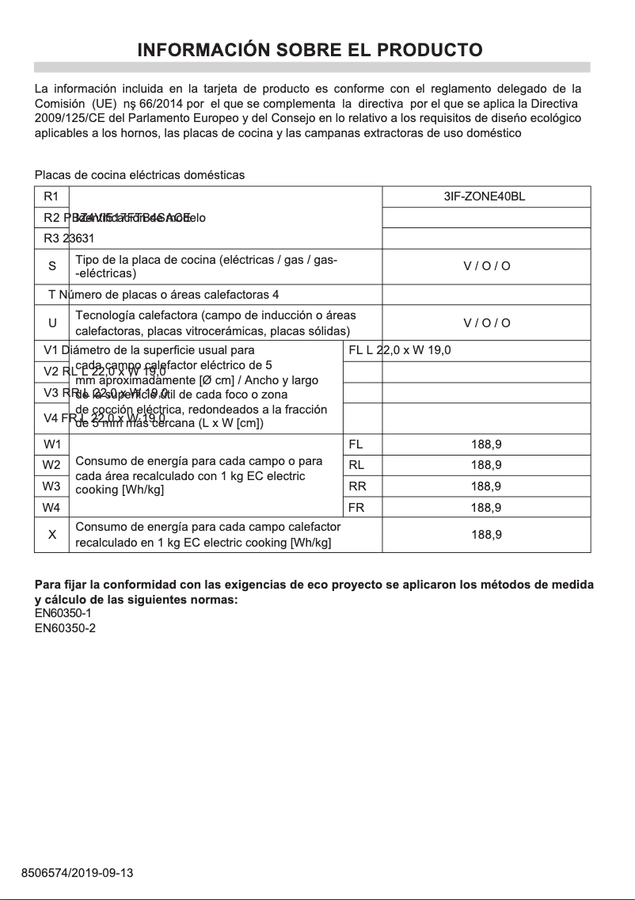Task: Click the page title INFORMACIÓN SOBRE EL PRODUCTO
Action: coord(310,50)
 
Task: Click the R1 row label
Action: coord(51,196)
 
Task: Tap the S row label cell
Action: coord(51,266)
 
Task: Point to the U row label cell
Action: coord(51,322)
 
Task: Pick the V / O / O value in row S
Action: coord(486,266)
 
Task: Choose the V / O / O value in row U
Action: coord(486,322)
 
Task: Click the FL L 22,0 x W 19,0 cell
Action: coord(399,350)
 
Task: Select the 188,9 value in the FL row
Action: coord(486,444)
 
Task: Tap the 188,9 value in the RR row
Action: coord(486,486)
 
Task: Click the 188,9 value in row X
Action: coord(486,535)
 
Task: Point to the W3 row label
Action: coord(51,486)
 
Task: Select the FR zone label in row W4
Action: coord(356,507)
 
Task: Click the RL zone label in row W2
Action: coord(356,465)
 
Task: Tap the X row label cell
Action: coord(51,535)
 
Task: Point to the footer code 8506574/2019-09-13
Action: coord(77,873)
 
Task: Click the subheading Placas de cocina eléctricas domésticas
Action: coord(139,174)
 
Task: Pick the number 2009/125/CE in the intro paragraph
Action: coord(67,118)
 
